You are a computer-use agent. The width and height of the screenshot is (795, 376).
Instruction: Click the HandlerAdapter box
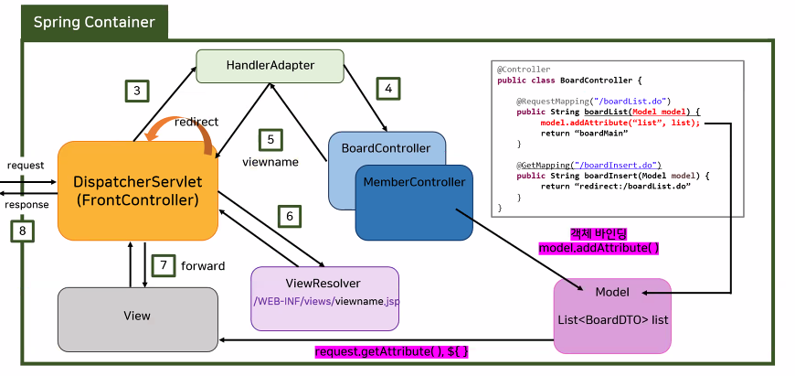point(270,65)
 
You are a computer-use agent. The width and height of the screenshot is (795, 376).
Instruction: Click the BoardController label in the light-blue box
point(386,147)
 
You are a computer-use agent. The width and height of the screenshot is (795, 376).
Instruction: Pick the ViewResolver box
point(323,297)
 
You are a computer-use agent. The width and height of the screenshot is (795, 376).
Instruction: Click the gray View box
point(137,316)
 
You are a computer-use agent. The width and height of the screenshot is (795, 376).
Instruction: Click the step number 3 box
point(136,91)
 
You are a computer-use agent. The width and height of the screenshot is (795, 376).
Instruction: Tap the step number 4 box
point(388,89)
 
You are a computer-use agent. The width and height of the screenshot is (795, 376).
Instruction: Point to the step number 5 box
point(270,139)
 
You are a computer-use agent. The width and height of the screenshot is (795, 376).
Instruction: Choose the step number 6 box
point(290,216)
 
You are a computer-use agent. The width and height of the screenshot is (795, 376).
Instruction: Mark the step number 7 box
point(163,265)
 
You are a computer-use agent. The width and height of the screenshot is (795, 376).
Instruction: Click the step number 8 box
point(22,231)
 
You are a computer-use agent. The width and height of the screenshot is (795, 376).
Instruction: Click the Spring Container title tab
point(94,22)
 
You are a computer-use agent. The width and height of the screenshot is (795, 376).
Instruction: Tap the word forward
point(204,266)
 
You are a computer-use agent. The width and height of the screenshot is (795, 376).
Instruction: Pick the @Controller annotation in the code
point(524,69)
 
